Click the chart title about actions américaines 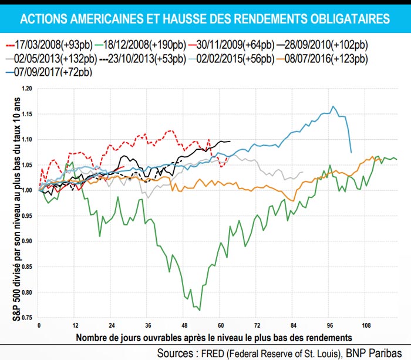click(x=205, y=19)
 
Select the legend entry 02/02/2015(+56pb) click(x=235, y=58)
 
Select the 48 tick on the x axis click(x=184, y=324)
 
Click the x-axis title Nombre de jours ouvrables click(x=214, y=337)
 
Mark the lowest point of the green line click(x=200, y=310)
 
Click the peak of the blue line click(x=333, y=106)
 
